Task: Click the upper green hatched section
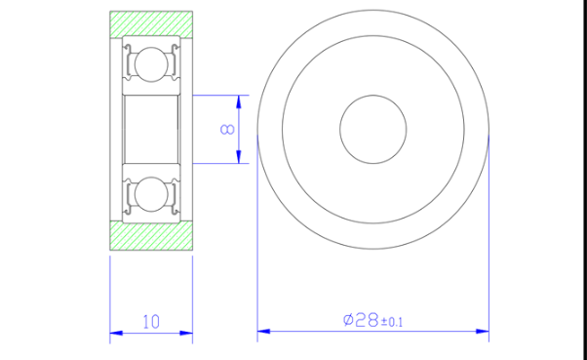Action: tap(151, 24)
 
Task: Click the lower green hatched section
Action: tap(151, 236)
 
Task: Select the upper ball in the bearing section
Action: tap(151, 64)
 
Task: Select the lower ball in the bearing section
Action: tap(151, 194)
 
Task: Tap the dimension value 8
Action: tap(227, 129)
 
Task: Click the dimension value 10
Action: tap(151, 322)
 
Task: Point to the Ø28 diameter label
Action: tap(361, 320)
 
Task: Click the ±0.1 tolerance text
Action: tap(392, 322)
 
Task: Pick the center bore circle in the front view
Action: tap(373, 96)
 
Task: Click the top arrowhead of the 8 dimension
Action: tap(239, 101)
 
